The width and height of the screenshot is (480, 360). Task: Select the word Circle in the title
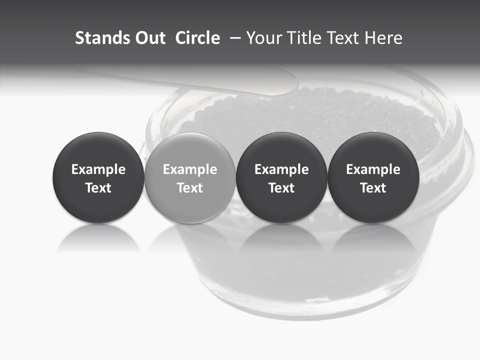click(197, 38)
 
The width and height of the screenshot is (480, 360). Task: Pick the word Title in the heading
click(306, 38)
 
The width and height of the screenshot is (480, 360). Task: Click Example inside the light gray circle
click(190, 169)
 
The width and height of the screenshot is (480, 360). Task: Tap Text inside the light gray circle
click(190, 188)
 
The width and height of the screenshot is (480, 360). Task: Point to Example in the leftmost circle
click(98, 169)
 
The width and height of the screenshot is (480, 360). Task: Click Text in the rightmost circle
click(373, 188)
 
